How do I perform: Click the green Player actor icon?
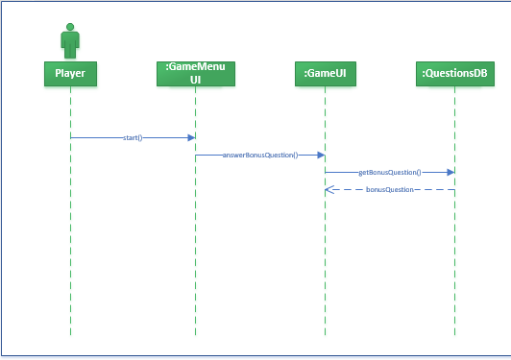pos(70,42)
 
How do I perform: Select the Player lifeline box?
pos(70,73)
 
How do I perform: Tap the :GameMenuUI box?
pos(195,73)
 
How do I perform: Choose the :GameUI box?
pos(325,73)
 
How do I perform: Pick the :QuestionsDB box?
pos(454,73)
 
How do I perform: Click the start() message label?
pos(133,137)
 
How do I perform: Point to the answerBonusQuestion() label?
pos(259,155)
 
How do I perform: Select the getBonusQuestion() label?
pos(389,173)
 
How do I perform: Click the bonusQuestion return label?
pos(389,190)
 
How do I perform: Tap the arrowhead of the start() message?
pos(191,137)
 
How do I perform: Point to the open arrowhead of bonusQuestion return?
pos(328,190)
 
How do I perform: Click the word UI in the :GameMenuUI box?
pos(195,80)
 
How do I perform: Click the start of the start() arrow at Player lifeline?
pos(72,137)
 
